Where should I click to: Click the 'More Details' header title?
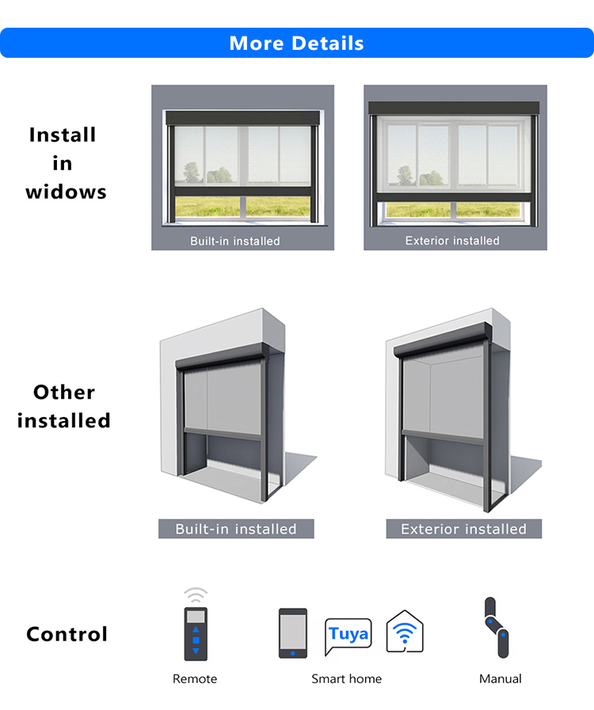296,43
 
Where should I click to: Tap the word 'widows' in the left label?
66,192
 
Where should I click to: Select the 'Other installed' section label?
63,406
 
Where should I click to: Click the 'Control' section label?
67,634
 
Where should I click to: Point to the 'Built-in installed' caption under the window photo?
234,241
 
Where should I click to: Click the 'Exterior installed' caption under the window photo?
452,241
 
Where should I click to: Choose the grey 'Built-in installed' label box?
236,529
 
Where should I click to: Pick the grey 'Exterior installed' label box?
463,529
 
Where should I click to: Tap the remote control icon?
196,632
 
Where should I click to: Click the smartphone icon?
293,632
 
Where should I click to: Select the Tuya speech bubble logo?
348,635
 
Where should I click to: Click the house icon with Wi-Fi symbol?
405,632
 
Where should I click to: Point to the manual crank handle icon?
497,628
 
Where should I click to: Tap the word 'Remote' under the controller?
195,679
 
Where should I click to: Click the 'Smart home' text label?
346,679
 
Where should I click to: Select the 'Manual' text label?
501,679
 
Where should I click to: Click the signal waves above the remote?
196,595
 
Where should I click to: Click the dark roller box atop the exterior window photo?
454,108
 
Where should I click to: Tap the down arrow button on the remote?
196,651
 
